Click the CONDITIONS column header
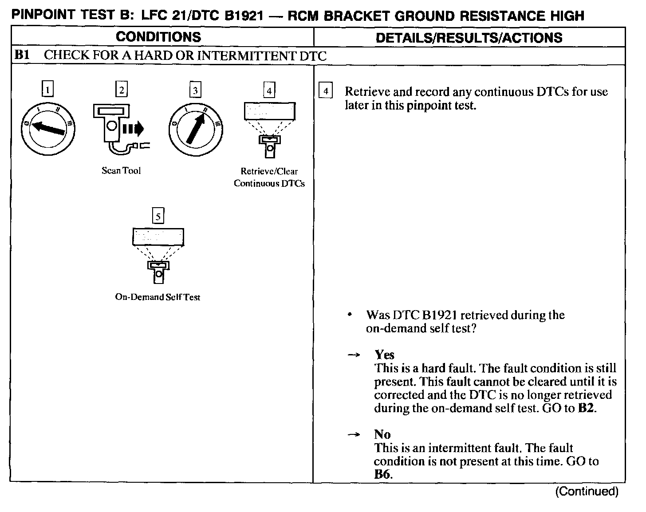(x=158, y=37)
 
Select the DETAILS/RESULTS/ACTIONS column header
(x=469, y=37)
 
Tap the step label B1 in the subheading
(x=22, y=55)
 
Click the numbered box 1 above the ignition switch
(x=47, y=90)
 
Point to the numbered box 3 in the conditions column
(x=195, y=90)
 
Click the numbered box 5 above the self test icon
(x=158, y=216)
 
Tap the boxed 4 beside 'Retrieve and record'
(x=326, y=91)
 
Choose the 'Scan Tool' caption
(x=121, y=171)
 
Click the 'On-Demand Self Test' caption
(x=158, y=297)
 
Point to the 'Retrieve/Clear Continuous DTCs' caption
(x=269, y=177)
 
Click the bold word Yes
(x=384, y=354)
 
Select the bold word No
(x=382, y=434)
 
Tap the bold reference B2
(x=586, y=408)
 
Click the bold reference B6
(x=382, y=474)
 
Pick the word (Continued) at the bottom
(x=587, y=491)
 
